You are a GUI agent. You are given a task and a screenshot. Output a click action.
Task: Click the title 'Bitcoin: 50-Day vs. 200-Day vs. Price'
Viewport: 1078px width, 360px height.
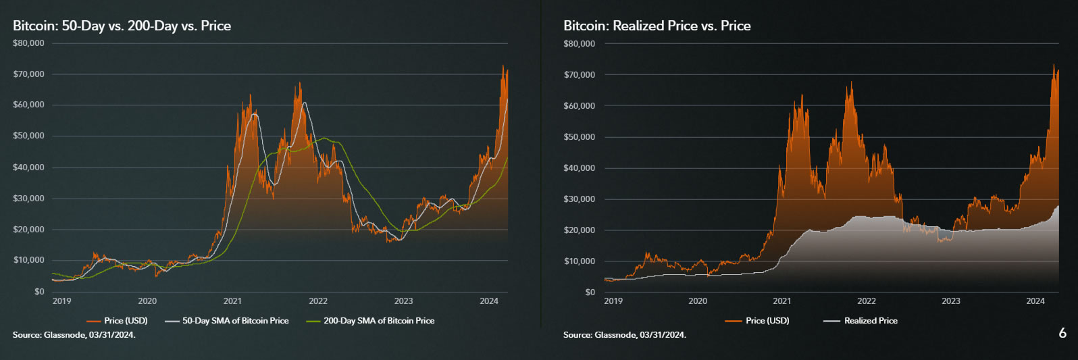pos(122,26)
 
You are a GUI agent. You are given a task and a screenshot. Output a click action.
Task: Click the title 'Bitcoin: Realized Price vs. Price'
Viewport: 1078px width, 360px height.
pos(657,26)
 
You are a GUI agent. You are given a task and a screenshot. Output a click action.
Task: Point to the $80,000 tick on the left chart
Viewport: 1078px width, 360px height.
pos(28,43)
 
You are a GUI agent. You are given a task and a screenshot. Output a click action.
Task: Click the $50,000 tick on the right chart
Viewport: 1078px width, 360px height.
pos(580,137)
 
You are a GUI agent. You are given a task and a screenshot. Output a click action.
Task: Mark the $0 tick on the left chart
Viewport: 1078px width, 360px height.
pos(39,292)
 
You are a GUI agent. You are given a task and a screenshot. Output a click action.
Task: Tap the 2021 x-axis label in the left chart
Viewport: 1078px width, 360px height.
pos(232,301)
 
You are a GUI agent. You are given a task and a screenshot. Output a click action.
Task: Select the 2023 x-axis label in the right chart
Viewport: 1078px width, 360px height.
pos(950,301)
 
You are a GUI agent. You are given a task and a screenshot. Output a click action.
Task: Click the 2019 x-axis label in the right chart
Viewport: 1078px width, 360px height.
pos(613,301)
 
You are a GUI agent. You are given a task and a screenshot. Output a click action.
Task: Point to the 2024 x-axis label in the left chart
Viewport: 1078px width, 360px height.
pos(488,301)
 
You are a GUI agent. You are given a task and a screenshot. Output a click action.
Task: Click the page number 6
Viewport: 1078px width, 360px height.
pos(1062,333)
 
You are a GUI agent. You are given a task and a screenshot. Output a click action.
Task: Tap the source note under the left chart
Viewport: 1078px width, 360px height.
pos(74,335)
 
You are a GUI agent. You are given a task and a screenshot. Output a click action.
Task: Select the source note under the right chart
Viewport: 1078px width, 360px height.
pos(625,335)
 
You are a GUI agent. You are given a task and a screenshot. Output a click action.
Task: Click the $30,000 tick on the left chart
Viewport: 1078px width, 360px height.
pos(28,199)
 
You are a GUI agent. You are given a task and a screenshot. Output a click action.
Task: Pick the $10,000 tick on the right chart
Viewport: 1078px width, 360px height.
pos(580,261)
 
